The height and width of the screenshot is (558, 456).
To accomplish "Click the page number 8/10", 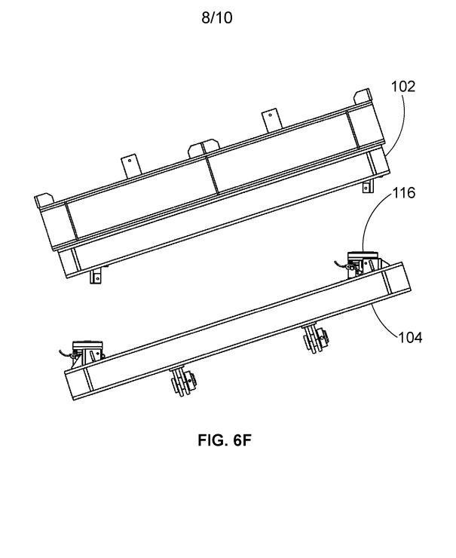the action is [x=217, y=17].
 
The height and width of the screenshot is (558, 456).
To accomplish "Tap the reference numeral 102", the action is [x=403, y=87].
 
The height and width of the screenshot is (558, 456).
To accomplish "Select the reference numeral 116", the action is [x=404, y=193].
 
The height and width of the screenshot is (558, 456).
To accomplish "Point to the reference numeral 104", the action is [x=410, y=337].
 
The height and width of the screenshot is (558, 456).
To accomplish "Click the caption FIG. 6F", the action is [x=225, y=440].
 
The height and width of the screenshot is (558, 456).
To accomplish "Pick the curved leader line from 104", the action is [x=382, y=322].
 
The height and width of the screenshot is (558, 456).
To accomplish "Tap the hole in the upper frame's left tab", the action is [x=130, y=161].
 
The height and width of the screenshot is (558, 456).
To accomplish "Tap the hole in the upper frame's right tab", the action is [x=271, y=115].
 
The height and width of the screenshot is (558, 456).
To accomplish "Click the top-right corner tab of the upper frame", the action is [x=363, y=96].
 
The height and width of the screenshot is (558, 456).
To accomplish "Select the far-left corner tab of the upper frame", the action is [x=44, y=201].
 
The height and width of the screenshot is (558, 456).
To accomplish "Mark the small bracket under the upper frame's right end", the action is [x=368, y=185].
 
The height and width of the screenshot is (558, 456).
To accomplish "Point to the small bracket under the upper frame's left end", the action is [x=95, y=276].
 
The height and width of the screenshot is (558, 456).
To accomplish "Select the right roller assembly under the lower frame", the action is [x=315, y=338].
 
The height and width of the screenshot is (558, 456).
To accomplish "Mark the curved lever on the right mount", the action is [x=341, y=263].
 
